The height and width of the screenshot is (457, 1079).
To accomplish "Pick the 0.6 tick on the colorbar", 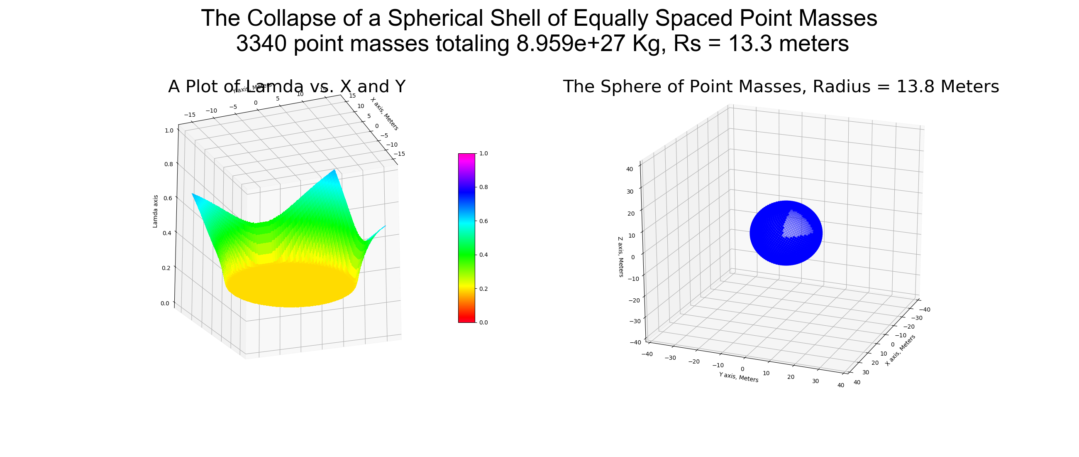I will click(483, 221).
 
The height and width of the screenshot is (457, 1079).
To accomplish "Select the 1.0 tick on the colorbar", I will click(483, 153).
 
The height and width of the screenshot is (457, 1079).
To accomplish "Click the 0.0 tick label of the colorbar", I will click(483, 322).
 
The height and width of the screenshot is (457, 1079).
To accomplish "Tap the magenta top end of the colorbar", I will click(466, 157).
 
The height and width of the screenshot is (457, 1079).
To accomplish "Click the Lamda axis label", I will click(155, 211).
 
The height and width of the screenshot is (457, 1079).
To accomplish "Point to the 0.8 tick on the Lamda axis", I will click(168, 164).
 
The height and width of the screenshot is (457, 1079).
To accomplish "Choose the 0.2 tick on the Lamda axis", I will click(166, 268).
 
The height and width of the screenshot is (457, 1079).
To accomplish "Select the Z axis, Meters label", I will click(621, 257).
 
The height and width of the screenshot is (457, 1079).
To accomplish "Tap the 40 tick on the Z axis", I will click(630, 170).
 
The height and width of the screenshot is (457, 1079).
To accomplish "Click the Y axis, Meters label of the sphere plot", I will click(738, 377).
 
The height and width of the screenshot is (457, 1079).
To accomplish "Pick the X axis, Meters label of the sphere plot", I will click(900, 350).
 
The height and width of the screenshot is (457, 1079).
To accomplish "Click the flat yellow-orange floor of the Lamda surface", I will click(291, 285).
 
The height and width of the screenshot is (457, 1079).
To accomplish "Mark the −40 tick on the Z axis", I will click(635, 342).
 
